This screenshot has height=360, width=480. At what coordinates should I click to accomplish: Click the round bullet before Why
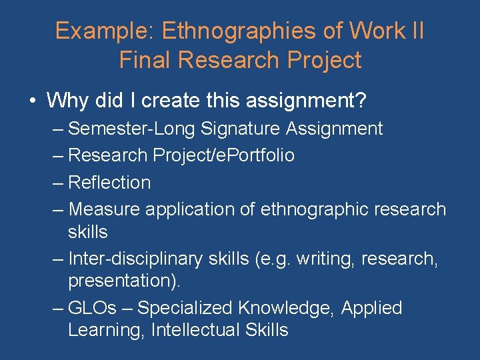(32, 102)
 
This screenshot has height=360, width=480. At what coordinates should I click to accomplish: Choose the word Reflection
(110, 182)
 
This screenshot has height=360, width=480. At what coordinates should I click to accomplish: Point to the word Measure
(105, 209)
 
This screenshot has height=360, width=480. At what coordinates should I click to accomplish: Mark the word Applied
(372, 308)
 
